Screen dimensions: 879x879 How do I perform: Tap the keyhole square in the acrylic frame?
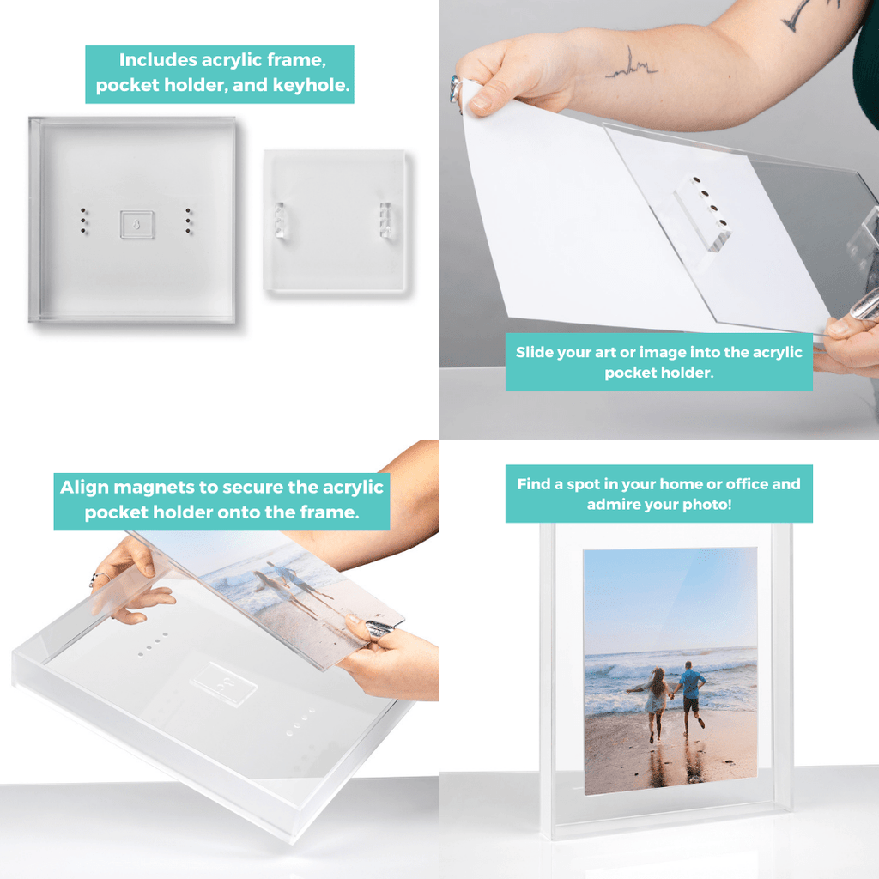pyautogui.click(x=137, y=225)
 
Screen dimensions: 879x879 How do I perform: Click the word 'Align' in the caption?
pyautogui.click(x=85, y=488)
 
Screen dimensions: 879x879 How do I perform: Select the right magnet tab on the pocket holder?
pyautogui.click(x=385, y=221)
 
